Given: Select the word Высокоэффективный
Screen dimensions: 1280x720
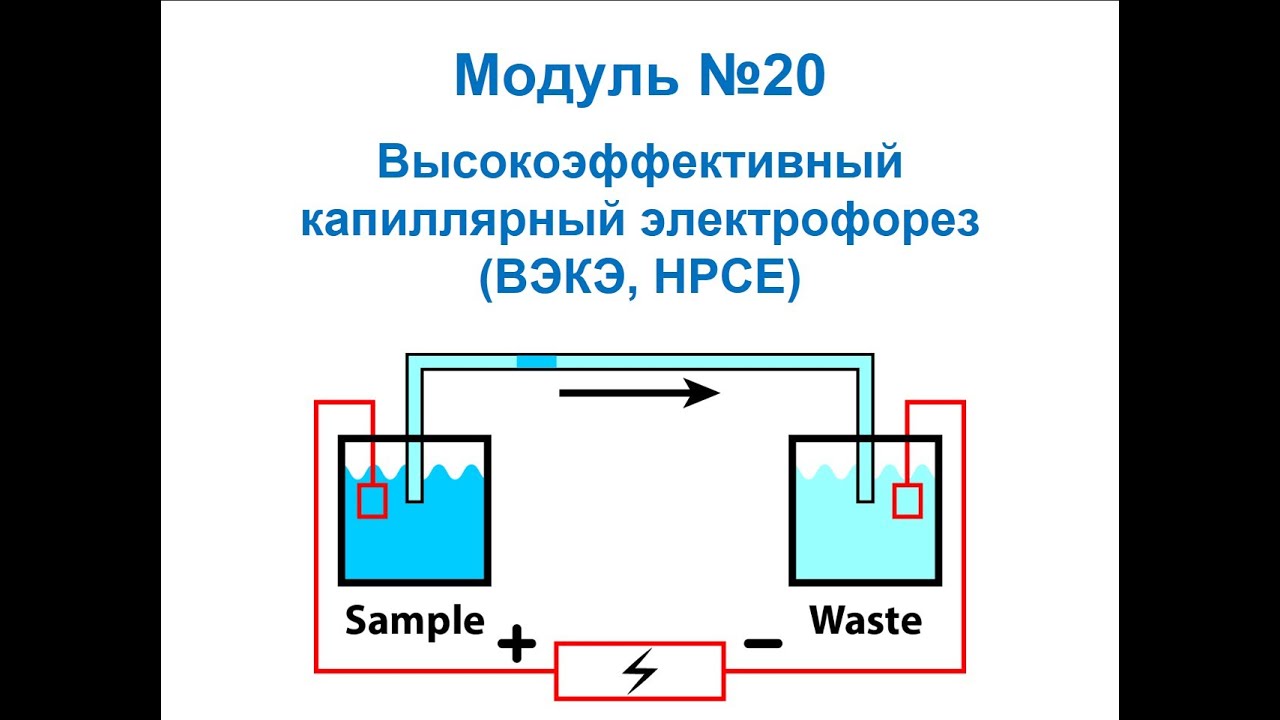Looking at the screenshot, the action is coord(639,163).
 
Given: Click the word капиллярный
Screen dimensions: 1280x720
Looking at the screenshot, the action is coord(462,223).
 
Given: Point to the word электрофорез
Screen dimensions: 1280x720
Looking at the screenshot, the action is coord(810,223).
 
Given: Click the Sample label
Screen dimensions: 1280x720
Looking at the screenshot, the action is coord(415,622).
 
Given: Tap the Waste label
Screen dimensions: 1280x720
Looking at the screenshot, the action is coord(866,621).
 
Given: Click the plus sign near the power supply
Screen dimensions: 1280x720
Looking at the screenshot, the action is coord(517,643).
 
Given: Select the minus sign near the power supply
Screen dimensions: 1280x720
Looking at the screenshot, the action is coord(763,643).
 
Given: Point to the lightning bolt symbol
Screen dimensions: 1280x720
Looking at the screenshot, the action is coord(640,671).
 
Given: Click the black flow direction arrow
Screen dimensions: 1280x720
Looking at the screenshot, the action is coord(639,393).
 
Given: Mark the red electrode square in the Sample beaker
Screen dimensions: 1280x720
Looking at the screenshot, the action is coord(372,501).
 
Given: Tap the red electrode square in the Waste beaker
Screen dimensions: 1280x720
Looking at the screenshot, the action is coord(907,501).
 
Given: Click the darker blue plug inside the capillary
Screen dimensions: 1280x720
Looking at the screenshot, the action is coord(537,362).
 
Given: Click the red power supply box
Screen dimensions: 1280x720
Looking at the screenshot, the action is coord(640,671).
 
